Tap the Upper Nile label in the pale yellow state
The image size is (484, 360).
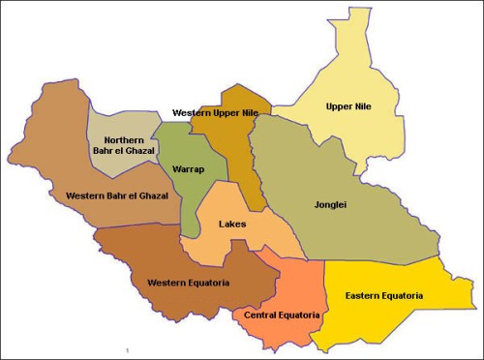coord(349,106)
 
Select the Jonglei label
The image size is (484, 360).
coord(331,205)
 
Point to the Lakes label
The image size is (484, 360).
coord(232,225)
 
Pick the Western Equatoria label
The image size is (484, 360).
coord(188,283)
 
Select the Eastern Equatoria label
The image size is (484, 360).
coord(388,295)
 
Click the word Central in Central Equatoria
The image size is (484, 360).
coord(262,315)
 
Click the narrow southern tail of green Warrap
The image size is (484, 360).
coord(193,225)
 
